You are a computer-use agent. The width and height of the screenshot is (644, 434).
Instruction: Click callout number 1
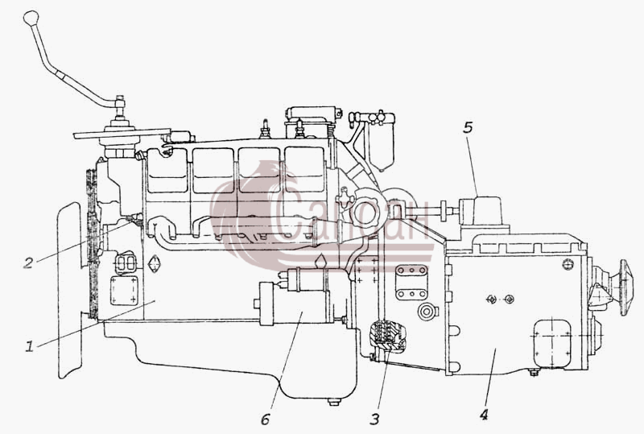coord(29,346)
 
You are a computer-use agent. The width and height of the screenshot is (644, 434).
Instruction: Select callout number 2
coord(28,262)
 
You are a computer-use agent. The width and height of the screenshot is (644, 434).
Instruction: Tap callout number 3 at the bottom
coord(374,420)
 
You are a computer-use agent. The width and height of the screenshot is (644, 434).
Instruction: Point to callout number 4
coord(484,415)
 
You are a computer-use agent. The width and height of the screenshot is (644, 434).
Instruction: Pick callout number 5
coord(468,128)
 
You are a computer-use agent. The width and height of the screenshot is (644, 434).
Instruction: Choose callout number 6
coord(266,420)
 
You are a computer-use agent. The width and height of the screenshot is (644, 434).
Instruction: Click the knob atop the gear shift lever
coord(31,17)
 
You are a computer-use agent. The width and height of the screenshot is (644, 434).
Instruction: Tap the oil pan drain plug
coord(334,401)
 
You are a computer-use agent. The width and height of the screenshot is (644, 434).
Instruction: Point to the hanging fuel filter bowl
coord(382,146)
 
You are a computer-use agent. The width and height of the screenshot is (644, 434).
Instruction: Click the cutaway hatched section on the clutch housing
coord(387,337)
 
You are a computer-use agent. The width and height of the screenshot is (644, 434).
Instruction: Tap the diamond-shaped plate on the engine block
coord(154,264)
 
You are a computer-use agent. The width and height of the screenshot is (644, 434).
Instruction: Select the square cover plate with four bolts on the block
coord(124,291)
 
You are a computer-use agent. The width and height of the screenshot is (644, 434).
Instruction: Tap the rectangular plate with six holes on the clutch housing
coord(411,282)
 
